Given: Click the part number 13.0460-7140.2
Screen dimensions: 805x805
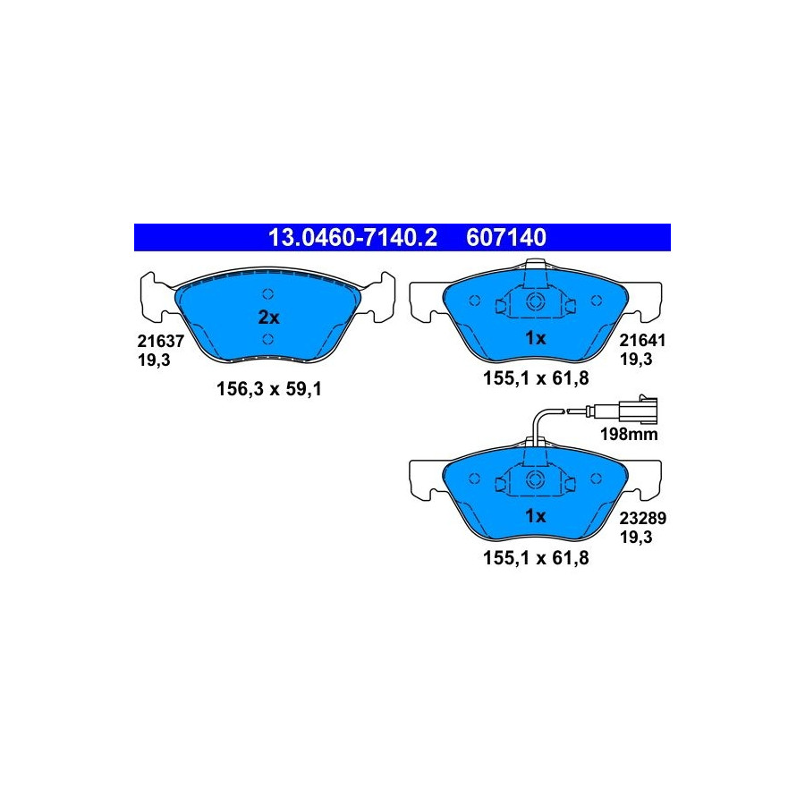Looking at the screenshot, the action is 352,238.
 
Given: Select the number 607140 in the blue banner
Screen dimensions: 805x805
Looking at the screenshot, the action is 506,238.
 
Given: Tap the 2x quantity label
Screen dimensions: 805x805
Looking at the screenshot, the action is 268,318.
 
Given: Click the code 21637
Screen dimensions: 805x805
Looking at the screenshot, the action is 160,341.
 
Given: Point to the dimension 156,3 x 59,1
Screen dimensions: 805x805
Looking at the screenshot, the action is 269,389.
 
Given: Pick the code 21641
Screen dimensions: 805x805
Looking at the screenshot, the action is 642,341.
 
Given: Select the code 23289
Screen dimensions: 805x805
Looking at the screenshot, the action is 642,518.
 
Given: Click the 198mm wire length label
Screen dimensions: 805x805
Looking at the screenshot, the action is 629,435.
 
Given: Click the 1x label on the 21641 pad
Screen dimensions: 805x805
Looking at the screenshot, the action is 535,338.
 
